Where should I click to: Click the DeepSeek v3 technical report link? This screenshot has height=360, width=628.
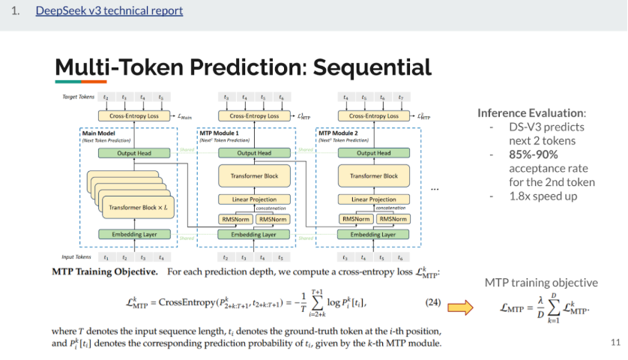point(109,11)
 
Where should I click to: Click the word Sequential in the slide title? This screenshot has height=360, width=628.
point(372,67)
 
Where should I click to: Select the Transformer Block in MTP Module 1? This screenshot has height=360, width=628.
point(253,176)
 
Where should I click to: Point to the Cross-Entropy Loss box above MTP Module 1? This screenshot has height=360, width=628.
point(253,116)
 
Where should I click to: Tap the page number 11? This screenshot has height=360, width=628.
point(615,343)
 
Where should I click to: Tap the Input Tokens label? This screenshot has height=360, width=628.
point(76,257)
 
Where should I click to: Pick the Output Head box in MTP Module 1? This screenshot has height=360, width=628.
point(253,153)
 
